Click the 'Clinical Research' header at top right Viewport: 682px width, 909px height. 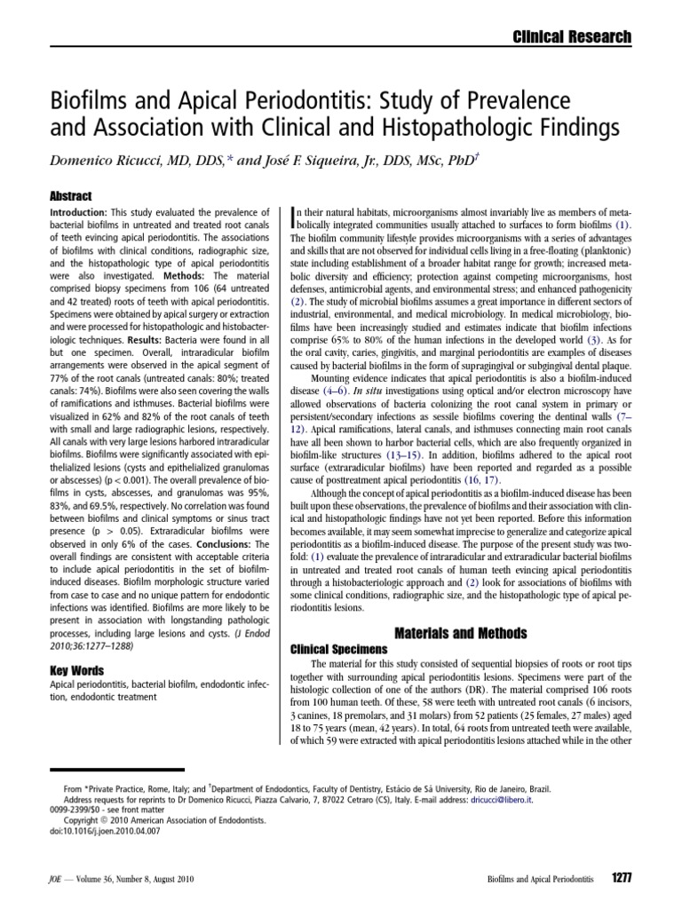[x=573, y=36]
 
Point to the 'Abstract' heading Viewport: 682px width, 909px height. [x=71, y=196]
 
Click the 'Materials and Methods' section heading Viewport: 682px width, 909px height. [x=456, y=632]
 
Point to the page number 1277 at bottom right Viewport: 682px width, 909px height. [x=621, y=877]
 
